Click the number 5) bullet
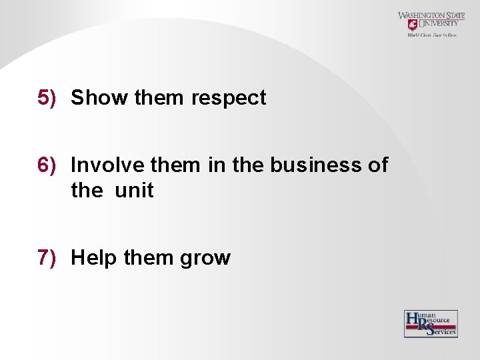46,98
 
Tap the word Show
99,98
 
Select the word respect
229,99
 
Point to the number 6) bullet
46,165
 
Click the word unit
134,191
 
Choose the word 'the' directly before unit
87,191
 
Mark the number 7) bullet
46,257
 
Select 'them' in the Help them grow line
148,257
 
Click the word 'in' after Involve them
217,164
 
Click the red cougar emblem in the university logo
413,25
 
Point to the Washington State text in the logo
431,15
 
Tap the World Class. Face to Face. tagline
432,35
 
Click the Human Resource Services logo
431,323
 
